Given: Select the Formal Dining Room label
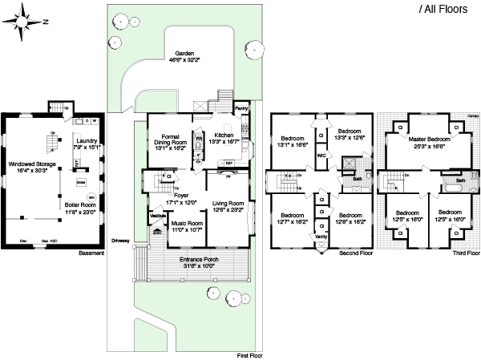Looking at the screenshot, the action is [169, 141].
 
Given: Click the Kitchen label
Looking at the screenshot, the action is [224, 136].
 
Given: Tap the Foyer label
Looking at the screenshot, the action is [181, 195].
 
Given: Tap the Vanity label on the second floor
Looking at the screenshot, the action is [321, 237].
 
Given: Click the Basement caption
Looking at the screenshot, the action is [92, 253].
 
